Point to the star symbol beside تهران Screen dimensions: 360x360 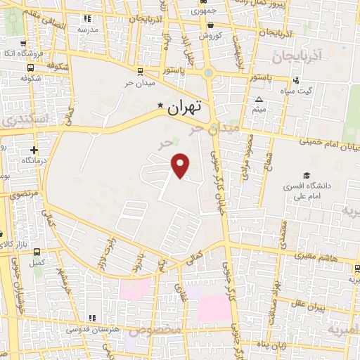click(x=161, y=107)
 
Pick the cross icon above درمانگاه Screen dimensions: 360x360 click(x=34, y=150)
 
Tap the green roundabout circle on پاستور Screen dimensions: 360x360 click(x=208, y=72)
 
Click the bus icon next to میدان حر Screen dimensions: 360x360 click(x=140, y=71)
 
